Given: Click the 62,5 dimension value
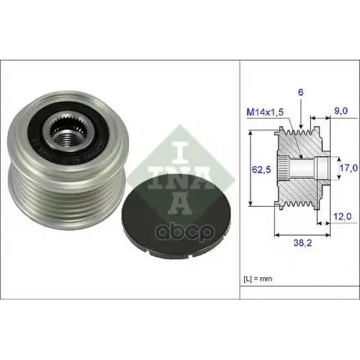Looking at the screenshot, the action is (261, 169).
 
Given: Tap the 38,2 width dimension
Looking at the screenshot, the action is (302, 243).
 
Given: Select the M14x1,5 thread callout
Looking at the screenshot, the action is (265, 112).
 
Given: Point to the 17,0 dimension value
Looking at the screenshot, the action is (348, 168).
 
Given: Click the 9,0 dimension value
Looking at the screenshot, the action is (341, 111).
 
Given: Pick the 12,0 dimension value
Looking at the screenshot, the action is (343, 217).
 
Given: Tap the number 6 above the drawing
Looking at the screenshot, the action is (301, 92).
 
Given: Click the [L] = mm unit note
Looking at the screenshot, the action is (258, 279).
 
